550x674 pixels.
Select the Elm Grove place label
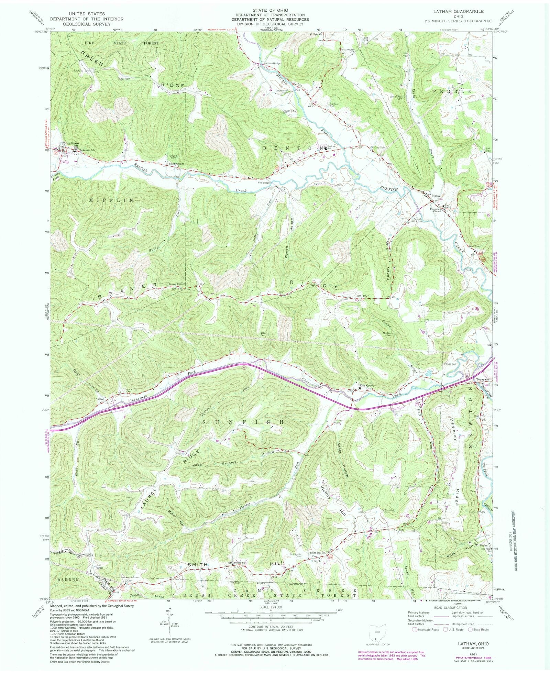tap(366, 385)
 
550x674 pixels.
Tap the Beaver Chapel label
tap(177, 284)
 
